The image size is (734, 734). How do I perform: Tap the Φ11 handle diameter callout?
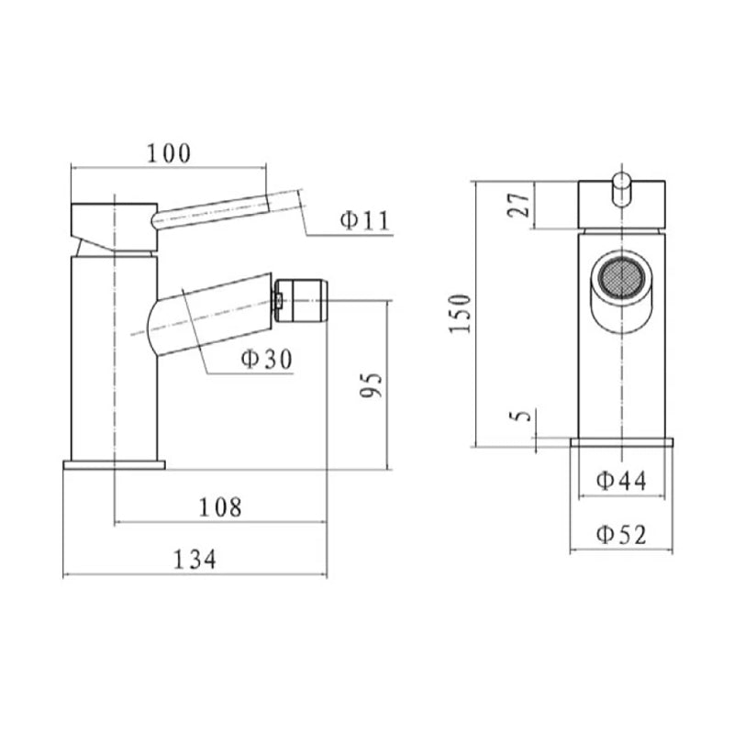tap(364, 220)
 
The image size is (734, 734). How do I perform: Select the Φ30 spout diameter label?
tap(266, 360)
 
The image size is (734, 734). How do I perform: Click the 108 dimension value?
tap(221, 506)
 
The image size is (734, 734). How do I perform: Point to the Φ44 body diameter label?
tap(621, 479)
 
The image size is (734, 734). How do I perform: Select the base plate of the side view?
tap(114, 464)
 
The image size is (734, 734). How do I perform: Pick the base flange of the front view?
tap(621, 442)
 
